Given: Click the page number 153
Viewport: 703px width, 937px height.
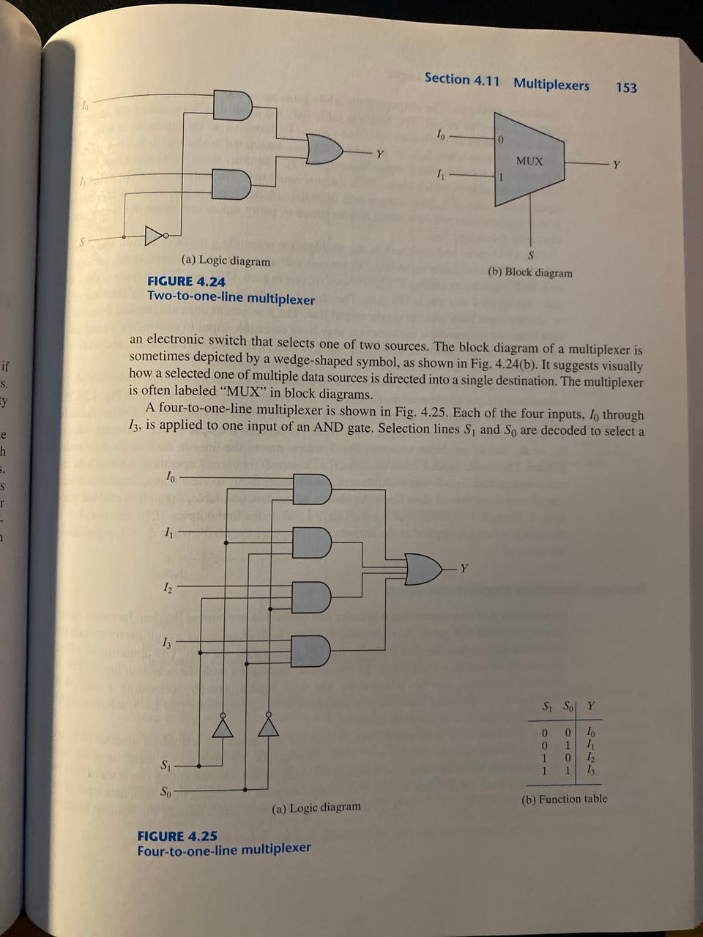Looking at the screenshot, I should point(626,88).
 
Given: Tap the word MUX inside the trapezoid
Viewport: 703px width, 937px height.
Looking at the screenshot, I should point(529,161).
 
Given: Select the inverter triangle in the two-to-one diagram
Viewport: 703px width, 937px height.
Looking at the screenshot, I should point(155,236).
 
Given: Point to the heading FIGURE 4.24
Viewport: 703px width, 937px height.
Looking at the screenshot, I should point(186,282).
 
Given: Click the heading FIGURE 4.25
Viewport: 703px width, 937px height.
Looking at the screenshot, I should point(176,836).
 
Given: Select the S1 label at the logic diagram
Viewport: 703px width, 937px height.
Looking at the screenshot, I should point(166,766).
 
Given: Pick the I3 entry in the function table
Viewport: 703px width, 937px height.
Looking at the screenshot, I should point(591,772).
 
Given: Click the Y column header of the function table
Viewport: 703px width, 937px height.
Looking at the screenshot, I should point(591,707).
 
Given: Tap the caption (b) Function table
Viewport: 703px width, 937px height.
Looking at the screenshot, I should point(564,799).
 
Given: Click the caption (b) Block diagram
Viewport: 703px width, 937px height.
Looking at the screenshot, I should point(529,273).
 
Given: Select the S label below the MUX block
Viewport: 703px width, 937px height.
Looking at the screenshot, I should point(531,255).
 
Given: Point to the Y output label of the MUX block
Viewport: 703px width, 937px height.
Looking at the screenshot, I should point(617,165).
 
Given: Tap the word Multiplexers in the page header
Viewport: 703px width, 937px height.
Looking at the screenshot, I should point(551,84).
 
